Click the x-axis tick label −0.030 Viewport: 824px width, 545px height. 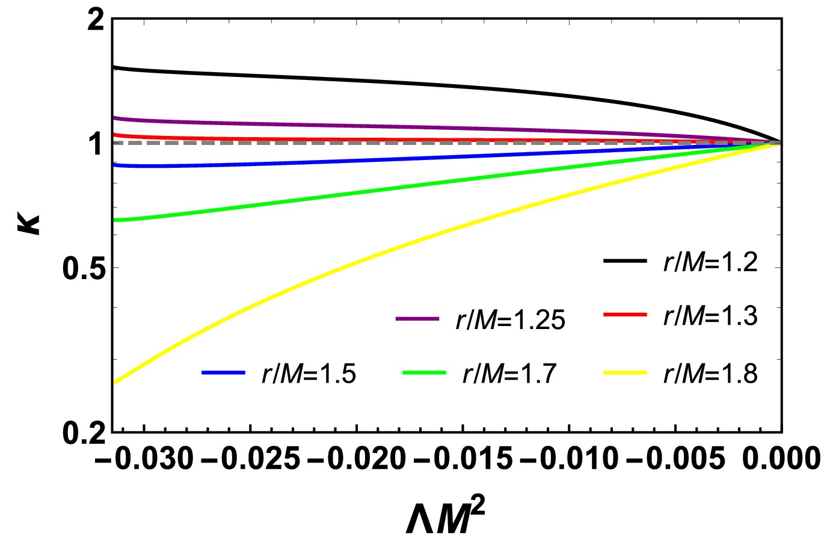(144, 460)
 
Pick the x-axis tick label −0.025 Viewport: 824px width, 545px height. (250, 460)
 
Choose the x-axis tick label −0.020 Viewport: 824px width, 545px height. (356, 460)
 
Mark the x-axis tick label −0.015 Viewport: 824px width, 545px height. (463, 460)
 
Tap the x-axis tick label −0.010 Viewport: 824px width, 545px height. (568, 460)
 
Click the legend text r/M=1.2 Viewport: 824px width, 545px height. (710, 263)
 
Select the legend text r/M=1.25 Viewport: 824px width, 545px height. (510, 321)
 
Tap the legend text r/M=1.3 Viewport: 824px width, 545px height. (710, 316)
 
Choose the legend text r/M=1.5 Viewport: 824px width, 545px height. (309, 374)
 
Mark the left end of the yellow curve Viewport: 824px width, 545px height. (114, 383)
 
